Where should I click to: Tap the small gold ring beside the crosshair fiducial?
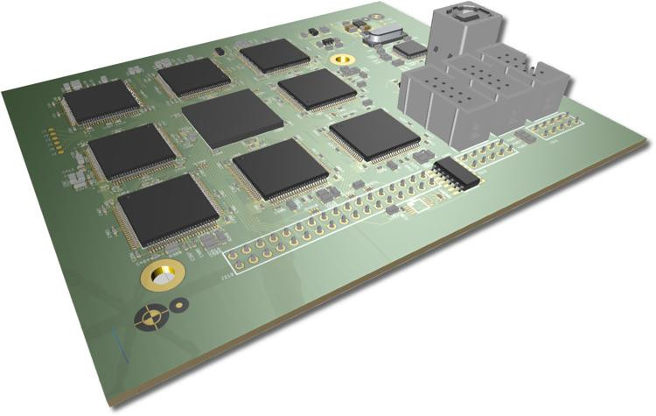point(178,305)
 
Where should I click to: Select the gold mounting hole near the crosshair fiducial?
point(162,276)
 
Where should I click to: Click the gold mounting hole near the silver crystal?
point(344,60)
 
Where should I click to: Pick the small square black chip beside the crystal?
point(409,50)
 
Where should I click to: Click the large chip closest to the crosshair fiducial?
point(167,208)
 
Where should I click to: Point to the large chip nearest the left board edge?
point(102,101)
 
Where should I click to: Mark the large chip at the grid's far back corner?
point(275,55)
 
